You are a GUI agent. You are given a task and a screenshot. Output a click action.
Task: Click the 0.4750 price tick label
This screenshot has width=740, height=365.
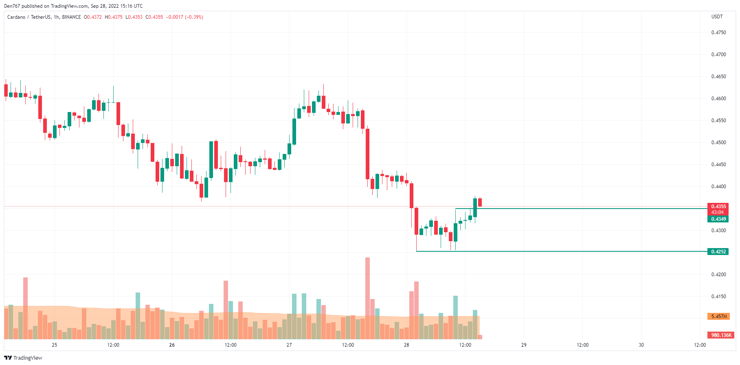click(x=718, y=33)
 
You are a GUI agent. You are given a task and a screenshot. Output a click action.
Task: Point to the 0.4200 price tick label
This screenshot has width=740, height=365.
click(x=718, y=275)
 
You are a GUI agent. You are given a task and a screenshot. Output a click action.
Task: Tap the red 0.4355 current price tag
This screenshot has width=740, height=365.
click(x=718, y=207)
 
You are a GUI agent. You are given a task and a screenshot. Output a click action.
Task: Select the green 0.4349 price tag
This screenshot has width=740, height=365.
click(x=718, y=219)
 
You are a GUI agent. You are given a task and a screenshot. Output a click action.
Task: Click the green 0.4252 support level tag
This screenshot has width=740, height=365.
click(x=718, y=252)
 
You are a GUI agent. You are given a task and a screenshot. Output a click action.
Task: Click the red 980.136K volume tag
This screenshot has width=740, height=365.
click(x=721, y=335)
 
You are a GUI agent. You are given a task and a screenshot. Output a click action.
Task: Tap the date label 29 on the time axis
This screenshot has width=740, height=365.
click(x=524, y=345)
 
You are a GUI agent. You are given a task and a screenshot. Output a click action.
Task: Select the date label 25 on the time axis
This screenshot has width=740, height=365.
click(x=55, y=345)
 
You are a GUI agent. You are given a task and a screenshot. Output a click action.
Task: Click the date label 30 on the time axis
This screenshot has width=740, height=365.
click(x=641, y=345)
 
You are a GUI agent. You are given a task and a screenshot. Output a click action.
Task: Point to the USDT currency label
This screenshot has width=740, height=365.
click(x=717, y=17)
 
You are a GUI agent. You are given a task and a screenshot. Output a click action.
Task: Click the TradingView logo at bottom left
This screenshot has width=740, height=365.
click(x=23, y=358)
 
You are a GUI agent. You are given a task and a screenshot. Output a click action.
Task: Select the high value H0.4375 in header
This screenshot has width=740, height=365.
click(x=114, y=17)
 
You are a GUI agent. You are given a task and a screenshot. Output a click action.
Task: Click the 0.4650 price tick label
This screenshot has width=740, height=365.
click(x=718, y=77)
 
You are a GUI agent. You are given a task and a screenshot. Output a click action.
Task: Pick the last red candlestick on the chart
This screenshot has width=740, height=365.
click(x=480, y=202)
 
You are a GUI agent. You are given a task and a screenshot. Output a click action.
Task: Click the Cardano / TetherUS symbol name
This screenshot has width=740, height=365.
click(x=29, y=17)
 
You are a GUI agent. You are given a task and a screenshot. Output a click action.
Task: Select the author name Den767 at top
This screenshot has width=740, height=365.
click(x=12, y=6)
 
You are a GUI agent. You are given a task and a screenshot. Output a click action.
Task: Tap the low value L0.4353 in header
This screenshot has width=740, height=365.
click(x=134, y=17)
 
